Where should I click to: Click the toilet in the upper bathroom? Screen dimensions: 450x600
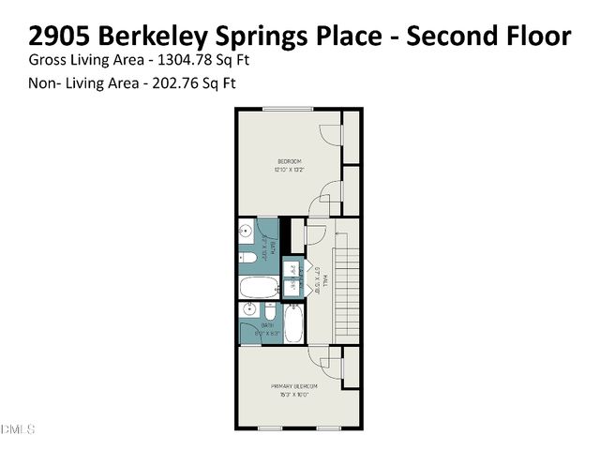pos(247,257)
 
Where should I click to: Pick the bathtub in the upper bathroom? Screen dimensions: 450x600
pos(259,287)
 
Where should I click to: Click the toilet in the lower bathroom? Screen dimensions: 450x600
pos(270,310)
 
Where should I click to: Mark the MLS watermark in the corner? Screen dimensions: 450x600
pos(18,429)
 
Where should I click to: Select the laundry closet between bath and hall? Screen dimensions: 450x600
pos(292,278)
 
